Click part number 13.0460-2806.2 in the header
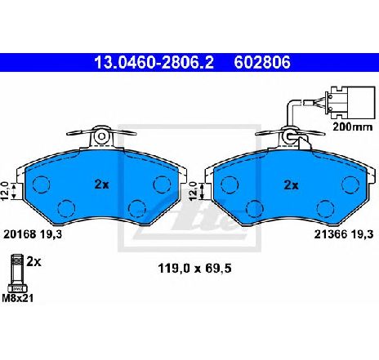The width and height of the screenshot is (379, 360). (154, 62)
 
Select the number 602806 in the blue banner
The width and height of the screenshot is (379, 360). (262, 62)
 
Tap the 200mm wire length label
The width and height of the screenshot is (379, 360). (353, 127)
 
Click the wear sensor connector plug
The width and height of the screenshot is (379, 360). (350, 103)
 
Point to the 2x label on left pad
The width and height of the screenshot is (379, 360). (101, 184)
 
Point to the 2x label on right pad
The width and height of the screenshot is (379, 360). (291, 185)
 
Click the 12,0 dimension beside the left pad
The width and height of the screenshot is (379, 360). (6, 192)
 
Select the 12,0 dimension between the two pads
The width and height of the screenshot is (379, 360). (193, 191)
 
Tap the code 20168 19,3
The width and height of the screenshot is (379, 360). (33, 234)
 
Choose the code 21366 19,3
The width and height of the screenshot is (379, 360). (344, 234)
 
